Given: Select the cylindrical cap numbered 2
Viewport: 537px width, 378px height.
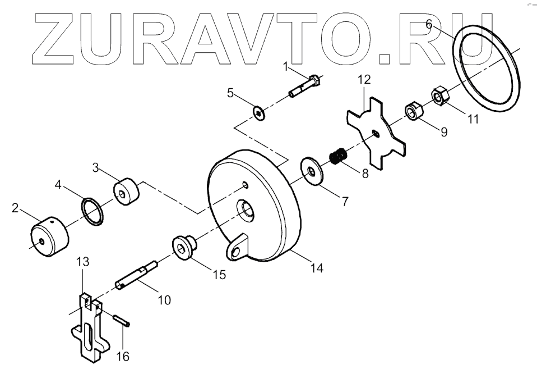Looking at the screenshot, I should coord(49,236).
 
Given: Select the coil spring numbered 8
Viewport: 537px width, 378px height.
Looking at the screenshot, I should coord(337,156).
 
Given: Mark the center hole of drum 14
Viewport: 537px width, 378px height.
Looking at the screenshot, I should coord(246,209).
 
